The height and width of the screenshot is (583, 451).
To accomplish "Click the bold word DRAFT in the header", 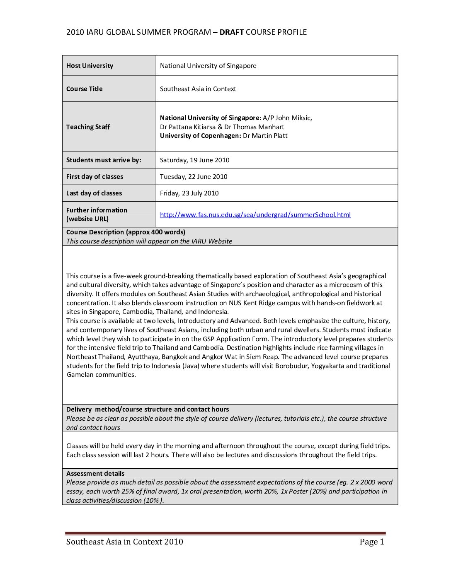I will click(231, 32).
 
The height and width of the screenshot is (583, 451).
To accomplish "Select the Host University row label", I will click(90, 65).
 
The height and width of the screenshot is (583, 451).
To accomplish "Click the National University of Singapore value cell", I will click(208, 65).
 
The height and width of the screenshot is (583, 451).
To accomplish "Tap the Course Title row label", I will click(84, 89).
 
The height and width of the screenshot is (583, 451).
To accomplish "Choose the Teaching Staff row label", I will click(88, 127).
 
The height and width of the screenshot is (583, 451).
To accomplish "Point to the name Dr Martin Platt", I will click(265, 136).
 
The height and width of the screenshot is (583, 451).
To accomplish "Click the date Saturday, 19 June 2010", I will click(194, 160).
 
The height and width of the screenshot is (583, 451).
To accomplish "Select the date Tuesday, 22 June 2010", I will click(194, 176).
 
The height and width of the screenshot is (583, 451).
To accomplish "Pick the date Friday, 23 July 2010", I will click(189, 193).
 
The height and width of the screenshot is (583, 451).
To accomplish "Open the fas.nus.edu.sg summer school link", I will click(255, 214).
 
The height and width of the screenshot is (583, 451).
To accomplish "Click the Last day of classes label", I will click(94, 193).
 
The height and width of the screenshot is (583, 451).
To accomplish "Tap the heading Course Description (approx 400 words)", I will click(126, 232).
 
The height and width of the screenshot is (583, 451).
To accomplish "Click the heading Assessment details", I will click(95, 473).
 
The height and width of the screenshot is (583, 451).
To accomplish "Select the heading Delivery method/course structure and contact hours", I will click(148, 409).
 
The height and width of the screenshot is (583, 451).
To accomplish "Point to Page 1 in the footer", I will click(372, 542).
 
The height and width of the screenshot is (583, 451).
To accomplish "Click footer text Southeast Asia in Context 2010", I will click(124, 542).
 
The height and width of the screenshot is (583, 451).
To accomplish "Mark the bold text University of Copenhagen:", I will click(200, 136).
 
